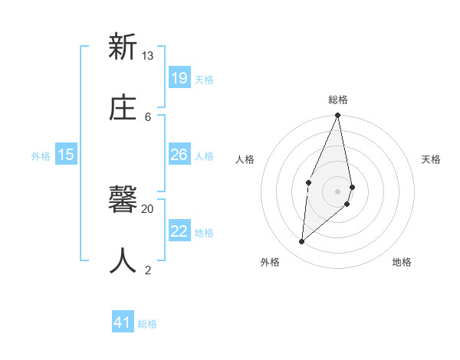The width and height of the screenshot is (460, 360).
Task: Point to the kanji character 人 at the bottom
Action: coord(122,260)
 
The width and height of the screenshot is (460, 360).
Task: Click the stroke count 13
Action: coord(147,55)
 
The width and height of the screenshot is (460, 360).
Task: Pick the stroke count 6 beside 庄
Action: coord(148,116)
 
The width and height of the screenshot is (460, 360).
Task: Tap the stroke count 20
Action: coord(147,208)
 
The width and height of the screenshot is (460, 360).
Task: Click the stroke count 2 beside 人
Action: coord(148,269)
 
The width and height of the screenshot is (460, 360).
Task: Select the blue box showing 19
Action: coord(179,77)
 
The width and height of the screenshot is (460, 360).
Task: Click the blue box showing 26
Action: coord(179,155)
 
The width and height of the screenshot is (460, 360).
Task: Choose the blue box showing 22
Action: coord(179,231)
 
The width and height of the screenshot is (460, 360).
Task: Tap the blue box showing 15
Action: coord(66,155)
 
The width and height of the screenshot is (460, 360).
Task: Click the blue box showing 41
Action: coord(123,322)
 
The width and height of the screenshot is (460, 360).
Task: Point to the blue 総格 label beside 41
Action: coord(147,324)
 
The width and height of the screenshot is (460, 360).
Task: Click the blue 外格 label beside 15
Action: coord(41,156)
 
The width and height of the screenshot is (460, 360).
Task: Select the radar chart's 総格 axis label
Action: coord(337,100)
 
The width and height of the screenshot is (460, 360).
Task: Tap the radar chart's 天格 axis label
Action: coord(431,159)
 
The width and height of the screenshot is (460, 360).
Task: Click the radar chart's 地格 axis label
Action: coord(402,262)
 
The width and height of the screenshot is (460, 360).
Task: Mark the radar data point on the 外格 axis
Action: coord(302,241)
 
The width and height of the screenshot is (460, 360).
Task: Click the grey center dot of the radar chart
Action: coord(337,191)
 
